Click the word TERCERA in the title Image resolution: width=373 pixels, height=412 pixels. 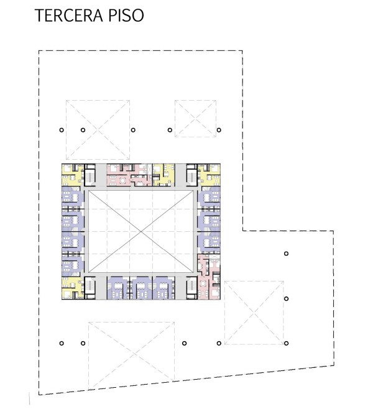pos(69,16)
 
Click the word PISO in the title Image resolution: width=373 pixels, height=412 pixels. pos(126,16)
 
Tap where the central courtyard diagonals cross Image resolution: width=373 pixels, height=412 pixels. pos(141,232)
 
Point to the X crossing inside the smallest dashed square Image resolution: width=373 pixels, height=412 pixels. pos(195,119)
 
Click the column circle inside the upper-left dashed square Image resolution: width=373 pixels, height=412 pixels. pos(83,130)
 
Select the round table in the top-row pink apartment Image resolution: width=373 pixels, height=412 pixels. pos(122,180)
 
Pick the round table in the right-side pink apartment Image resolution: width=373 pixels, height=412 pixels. pos(203,284)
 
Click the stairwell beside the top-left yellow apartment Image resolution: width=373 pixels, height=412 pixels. pos(90,175)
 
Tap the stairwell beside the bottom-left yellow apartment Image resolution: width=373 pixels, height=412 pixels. pos(90,288)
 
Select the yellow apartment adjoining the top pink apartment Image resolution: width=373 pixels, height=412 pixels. pos(163,175)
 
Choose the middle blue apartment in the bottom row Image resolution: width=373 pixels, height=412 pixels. pos(141,288)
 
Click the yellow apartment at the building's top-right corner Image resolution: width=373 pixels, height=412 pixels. pos(209,175)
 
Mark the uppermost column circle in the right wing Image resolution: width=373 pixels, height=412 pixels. pos(286,254)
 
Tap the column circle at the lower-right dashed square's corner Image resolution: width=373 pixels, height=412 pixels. pos(286,343)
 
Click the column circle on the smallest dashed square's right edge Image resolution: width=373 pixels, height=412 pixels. pos(219,130)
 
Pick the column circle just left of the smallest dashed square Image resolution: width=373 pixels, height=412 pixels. pos(170,130)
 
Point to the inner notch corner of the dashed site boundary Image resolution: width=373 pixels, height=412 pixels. pos(242,231)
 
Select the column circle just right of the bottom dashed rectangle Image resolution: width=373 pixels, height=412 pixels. pos(184,343)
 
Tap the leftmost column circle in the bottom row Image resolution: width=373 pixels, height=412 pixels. pos(62,343)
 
